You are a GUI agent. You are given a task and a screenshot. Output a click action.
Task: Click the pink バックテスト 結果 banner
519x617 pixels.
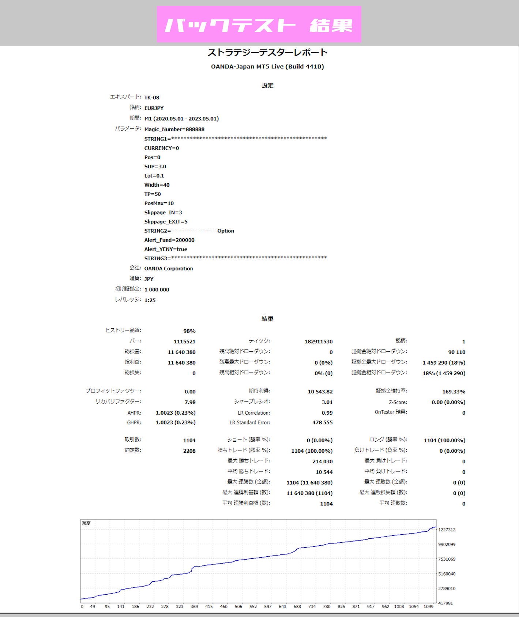(259, 24)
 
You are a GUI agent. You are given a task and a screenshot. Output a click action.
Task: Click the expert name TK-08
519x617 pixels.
(152, 98)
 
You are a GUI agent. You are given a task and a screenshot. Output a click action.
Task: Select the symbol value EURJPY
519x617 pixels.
(154, 108)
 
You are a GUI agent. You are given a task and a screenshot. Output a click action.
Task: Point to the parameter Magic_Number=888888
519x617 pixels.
(174, 129)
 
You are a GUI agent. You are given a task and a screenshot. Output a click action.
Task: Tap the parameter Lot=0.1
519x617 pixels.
(154, 176)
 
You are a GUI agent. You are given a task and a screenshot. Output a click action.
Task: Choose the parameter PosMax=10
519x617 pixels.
(159, 203)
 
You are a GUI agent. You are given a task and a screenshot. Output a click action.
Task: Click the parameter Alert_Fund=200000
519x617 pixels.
(169, 240)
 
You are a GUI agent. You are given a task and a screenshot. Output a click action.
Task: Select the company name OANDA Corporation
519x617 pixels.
(169, 269)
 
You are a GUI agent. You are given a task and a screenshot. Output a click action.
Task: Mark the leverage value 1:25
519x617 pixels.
(150, 300)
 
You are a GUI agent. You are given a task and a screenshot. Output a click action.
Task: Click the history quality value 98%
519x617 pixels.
(189, 331)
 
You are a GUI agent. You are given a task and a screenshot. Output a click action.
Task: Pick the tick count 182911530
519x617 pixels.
(319, 342)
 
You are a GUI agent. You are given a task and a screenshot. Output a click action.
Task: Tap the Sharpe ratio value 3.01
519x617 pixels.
(327, 402)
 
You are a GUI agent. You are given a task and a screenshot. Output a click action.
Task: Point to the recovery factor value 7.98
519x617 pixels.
(190, 402)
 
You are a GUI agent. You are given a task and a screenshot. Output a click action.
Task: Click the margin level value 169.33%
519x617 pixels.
(454, 392)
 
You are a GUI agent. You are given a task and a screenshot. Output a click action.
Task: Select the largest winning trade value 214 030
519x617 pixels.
(323, 462)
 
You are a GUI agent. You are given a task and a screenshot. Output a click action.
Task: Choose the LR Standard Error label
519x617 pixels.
(250, 423)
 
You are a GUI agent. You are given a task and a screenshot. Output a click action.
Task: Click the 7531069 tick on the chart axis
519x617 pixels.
(447, 559)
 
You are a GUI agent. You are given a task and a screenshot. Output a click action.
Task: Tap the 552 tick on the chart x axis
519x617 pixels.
(253, 607)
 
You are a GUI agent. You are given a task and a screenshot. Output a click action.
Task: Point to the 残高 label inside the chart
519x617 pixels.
(86, 523)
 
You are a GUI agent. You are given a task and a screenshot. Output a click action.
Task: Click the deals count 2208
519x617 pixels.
(189, 451)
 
